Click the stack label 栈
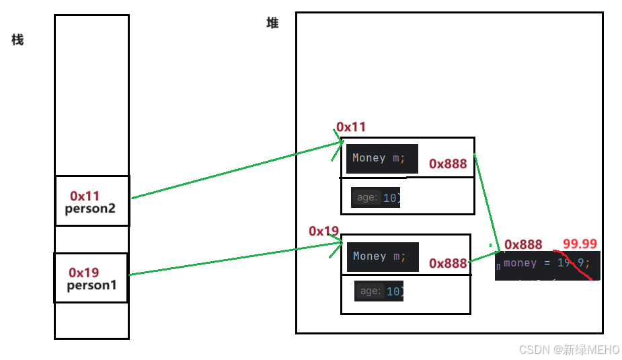pos(17,40)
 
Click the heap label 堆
pos(272,23)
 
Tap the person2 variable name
pos(90,209)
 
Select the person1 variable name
pos(92,285)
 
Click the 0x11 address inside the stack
pos(85,196)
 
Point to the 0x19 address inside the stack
pos(84,273)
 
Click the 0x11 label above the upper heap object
pos(351,127)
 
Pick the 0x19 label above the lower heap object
pos(323,231)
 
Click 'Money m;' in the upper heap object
pos(379,158)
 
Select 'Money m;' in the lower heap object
pos(379,256)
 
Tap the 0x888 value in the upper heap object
pos(448,164)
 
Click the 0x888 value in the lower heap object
pos(448,263)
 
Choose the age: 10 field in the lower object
pos(379,291)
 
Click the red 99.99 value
pos(580,244)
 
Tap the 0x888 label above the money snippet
pos(523,244)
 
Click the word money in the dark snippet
pos(520,263)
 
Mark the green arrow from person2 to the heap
pos(235,170)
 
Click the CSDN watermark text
pos(569,349)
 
